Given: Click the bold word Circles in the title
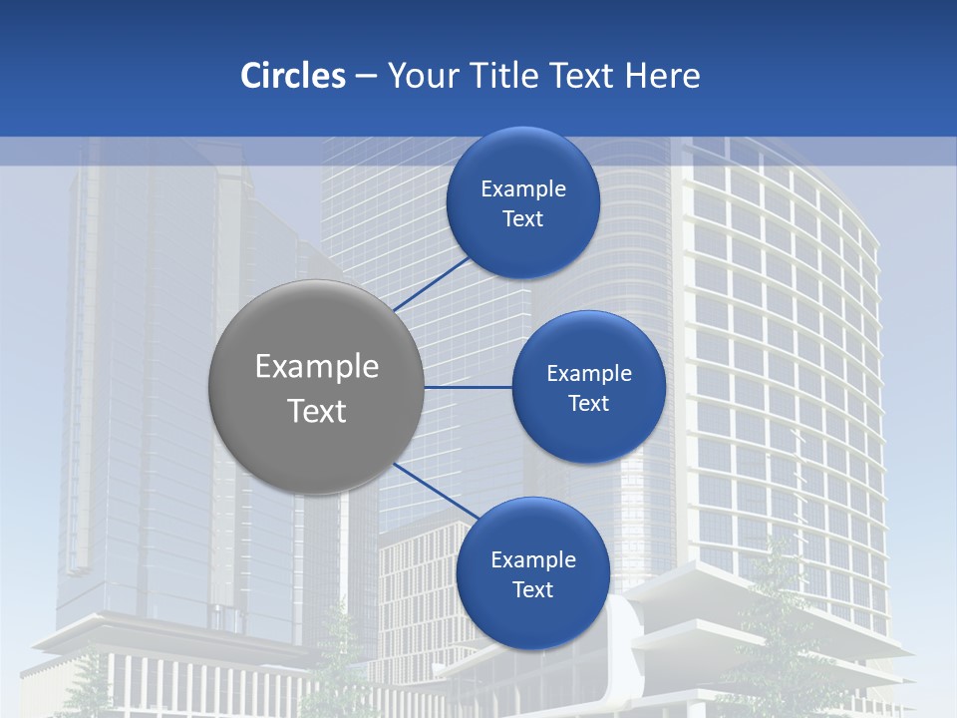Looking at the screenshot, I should [293, 76].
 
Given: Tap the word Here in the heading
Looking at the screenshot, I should [662, 76].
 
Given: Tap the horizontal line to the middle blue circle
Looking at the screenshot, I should [469, 387].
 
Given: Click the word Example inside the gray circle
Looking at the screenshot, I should [317, 367].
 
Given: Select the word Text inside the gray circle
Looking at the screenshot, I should [317, 411].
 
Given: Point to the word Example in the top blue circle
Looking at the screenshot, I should [523, 189].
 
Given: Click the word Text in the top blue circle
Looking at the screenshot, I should [522, 219].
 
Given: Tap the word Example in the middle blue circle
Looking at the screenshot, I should [589, 374].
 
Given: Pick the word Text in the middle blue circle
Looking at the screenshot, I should [588, 404].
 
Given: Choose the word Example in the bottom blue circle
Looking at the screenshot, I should [533, 560].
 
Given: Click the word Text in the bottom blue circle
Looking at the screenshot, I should [532, 590].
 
